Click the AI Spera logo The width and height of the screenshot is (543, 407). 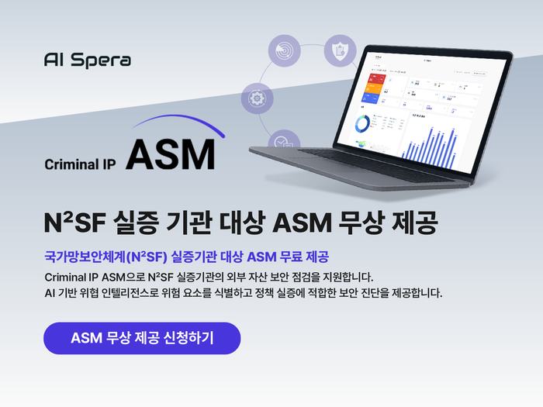tap(88, 60)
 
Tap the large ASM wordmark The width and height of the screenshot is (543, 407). tap(170, 156)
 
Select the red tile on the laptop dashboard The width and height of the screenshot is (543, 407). tap(372, 78)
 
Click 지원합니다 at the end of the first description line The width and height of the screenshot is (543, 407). tap(345, 276)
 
